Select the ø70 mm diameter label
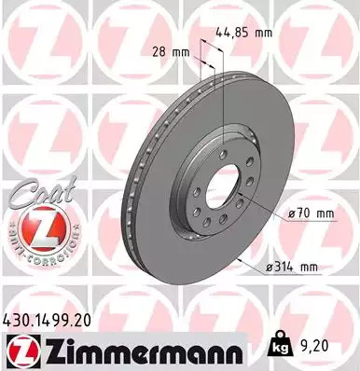tap(312, 213)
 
